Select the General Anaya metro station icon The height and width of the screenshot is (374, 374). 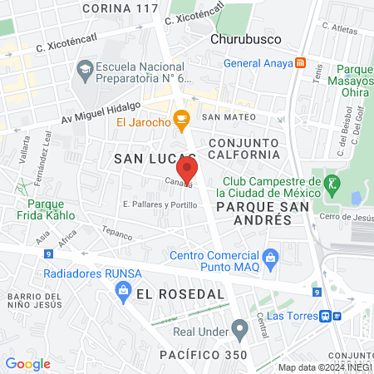pyautogui.click(x=300, y=63)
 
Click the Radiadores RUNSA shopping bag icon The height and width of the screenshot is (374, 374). pyautogui.click(x=123, y=290)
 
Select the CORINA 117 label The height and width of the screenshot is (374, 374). pyautogui.click(x=121, y=8)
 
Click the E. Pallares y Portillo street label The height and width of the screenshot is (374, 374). pyautogui.click(x=160, y=204)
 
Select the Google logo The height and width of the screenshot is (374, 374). pyautogui.click(x=27, y=363)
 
